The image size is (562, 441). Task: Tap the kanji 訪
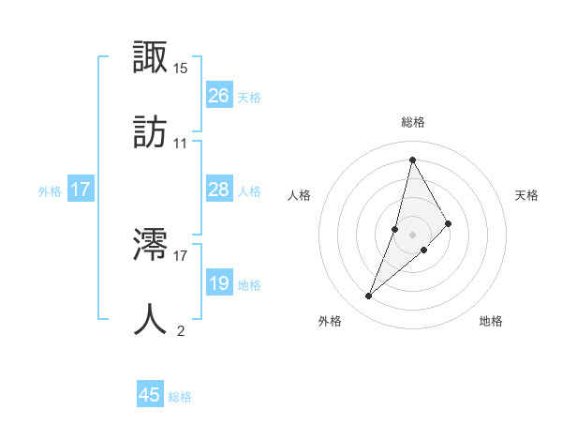151,133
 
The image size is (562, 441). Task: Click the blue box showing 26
218,96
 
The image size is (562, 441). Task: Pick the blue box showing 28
218,190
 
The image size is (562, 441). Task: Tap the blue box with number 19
218,283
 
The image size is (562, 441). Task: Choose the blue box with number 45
150,395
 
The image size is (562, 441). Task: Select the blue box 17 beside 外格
81,190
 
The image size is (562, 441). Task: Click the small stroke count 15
181,68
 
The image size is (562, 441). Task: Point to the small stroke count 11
181,144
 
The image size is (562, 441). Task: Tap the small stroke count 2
181,330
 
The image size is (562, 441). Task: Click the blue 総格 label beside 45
180,397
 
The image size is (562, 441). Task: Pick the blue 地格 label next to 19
249,285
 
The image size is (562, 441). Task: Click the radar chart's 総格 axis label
413,122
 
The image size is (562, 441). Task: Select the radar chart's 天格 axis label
527,195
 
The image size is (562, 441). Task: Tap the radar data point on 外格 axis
369,297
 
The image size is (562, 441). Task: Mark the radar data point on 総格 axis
412,159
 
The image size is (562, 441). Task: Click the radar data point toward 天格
449,223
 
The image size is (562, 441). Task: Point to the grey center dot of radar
412,235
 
